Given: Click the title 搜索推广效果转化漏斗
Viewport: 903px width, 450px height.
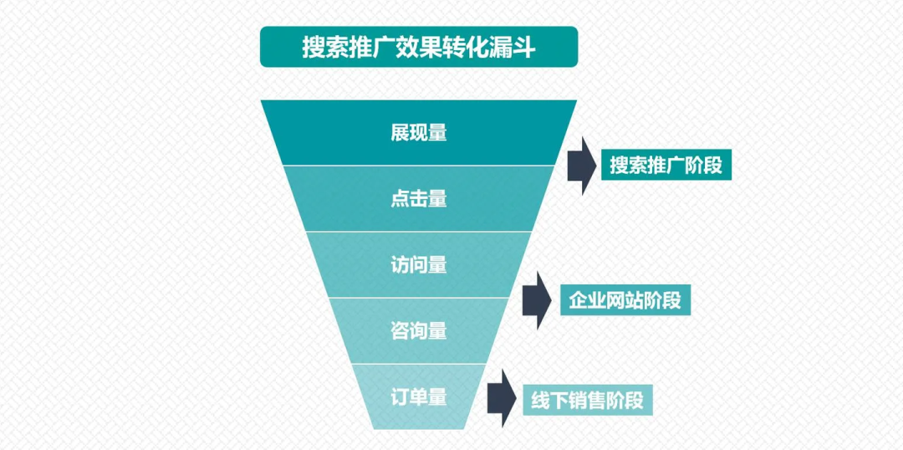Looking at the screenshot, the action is click(419, 48).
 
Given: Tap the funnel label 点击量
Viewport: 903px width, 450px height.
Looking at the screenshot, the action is click(419, 199).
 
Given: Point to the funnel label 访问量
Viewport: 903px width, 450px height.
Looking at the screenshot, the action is click(419, 265).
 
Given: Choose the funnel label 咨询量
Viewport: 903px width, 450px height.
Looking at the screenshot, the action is click(419, 331).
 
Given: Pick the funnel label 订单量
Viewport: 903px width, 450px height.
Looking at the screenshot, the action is click(419, 397).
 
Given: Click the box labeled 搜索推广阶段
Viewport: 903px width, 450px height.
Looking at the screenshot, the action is click(666, 166).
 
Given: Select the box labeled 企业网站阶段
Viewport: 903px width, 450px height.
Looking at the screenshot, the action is click(625, 301).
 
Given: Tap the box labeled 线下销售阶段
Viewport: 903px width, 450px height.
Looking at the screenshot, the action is click(588, 400).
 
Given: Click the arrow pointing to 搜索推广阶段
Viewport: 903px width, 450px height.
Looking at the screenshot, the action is click(582, 166).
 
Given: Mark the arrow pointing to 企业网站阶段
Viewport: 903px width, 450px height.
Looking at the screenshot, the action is click(538, 301).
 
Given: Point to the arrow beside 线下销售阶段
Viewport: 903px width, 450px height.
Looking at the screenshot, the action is click(502, 399).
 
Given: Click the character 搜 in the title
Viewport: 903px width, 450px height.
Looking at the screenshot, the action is click(314, 48).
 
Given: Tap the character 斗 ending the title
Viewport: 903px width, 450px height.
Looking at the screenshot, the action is click(524, 48).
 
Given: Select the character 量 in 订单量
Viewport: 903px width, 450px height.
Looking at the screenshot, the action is click(437, 397).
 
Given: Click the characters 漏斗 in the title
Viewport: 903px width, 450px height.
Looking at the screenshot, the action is click(513, 48).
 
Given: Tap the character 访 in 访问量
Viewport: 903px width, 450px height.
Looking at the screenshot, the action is click(400, 265).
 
